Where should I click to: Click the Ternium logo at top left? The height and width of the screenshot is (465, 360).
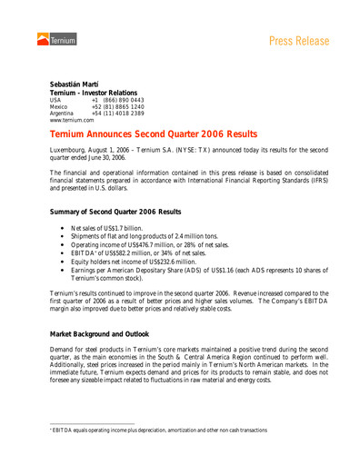[x=58, y=39]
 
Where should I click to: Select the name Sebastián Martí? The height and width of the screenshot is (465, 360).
[x=77, y=84]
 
